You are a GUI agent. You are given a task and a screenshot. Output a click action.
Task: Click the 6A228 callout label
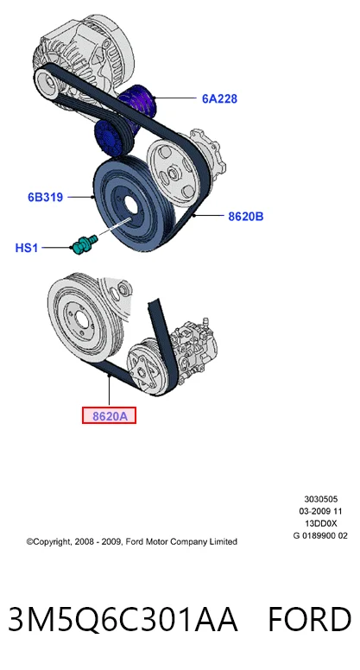click(x=219, y=98)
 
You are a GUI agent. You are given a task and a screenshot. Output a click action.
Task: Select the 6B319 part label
click(x=45, y=198)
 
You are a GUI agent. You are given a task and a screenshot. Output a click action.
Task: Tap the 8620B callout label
click(x=245, y=217)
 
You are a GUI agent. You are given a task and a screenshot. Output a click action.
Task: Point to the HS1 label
click(x=27, y=248)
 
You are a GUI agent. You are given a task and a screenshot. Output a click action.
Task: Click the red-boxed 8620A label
click(x=110, y=416)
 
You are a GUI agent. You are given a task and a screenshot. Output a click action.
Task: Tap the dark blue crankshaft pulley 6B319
click(x=133, y=205)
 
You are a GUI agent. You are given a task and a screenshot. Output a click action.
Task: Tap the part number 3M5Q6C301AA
click(x=123, y=619)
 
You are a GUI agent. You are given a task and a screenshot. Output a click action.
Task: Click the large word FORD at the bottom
click(x=310, y=619)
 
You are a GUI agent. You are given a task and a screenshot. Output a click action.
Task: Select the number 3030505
click(x=320, y=499)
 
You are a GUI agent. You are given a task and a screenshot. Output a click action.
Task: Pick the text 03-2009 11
click(x=320, y=511)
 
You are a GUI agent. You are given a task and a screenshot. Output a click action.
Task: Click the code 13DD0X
click(x=320, y=523)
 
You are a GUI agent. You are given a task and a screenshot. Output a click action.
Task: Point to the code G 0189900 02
click(x=320, y=536)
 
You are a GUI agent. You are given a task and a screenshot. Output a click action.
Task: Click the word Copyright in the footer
click(x=50, y=542)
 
